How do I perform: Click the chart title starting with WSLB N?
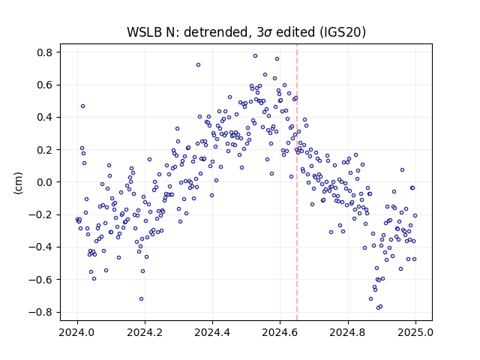(x=247, y=31)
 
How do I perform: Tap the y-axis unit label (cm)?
(x=18, y=183)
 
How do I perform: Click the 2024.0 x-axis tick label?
(x=77, y=332)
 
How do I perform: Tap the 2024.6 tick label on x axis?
(x=280, y=332)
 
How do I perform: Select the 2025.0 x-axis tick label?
(x=415, y=332)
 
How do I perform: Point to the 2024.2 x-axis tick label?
(x=145, y=332)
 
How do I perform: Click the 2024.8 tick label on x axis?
(x=348, y=332)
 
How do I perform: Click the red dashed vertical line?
(x=297, y=182)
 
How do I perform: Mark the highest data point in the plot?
(x=255, y=56)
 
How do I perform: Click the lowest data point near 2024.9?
(x=378, y=307)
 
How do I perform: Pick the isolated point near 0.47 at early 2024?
(x=82, y=106)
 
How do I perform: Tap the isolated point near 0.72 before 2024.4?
(x=198, y=65)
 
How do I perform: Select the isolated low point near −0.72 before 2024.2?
(x=141, y=298)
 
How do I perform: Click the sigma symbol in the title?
(x=268, y=33)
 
